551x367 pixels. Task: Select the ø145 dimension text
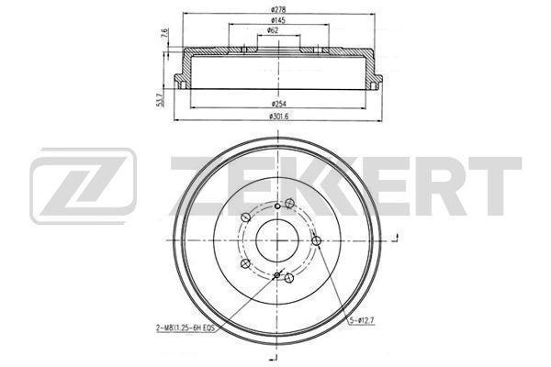tap(278, 20)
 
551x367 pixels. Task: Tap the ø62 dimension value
tap(273, 30)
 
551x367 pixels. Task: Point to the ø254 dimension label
tap(279, 104)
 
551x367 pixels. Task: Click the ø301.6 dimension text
tap(278, 117)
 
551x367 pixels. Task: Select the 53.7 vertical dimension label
tap(160, 100)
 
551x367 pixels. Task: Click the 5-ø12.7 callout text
tap(362, 320)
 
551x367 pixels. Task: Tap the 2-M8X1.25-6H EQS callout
tap(186, 328)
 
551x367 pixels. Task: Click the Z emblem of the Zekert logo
tap(84, 185)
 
